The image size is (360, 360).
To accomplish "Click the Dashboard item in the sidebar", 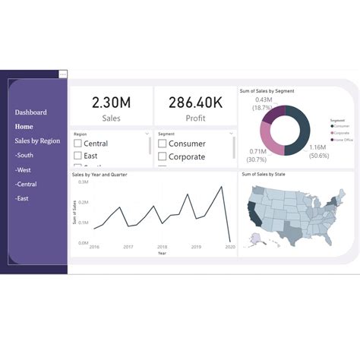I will coord(30,112).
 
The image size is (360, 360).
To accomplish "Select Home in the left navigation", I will coord(24,127).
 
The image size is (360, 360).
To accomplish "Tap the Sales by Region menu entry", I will coord(37,141).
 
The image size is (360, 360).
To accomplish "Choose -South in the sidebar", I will coord(24,155).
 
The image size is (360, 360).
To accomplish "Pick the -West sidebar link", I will coord(24,169).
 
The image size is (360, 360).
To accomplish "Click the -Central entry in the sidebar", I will coord(27,184).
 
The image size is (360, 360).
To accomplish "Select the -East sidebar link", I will coord(23,198).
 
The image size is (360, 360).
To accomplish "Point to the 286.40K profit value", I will coord(195,102).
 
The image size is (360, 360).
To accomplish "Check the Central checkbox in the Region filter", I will coord(77,144).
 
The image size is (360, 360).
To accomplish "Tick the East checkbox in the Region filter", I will coord(77,156).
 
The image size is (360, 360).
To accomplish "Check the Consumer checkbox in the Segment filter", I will coord(162,144).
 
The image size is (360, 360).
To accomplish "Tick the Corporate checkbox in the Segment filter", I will coord(162,156).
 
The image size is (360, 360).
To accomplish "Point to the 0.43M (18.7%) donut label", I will coord(264,104).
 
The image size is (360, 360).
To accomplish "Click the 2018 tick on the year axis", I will coord(162,247).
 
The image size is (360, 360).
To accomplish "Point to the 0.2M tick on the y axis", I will coord(84,203).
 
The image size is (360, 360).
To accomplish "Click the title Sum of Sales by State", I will coord(263,175).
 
